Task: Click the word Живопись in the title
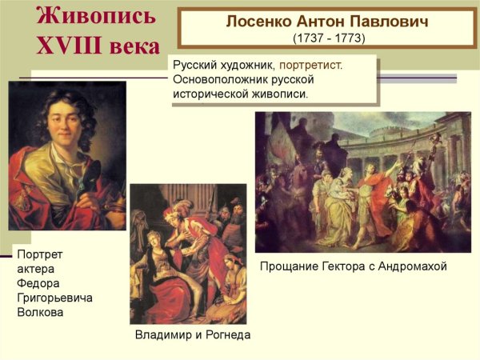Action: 93,16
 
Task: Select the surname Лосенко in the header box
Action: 256,22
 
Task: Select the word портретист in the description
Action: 310,65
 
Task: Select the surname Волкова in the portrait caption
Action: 40,312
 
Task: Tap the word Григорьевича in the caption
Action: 54,298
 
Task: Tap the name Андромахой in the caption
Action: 413,266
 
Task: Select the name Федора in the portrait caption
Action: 38,283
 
